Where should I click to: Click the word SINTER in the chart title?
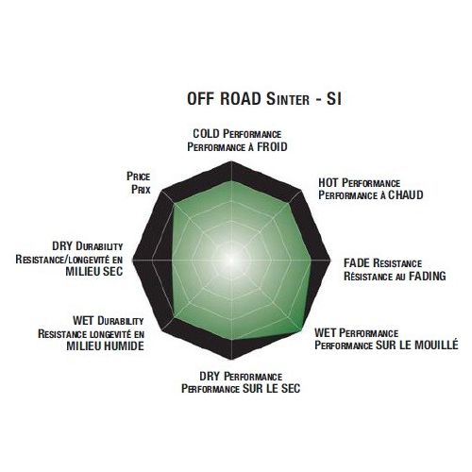click(x=288, y=99)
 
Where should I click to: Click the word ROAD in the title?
click(x=241, y=98)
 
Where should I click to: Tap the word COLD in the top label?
click(x=206, y=134)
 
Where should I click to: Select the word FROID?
click(x=272, y=147)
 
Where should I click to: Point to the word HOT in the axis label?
click(x=329, y=183)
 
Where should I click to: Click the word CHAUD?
click(x=406, y=195)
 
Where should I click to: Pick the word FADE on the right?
click(x=357, y=263)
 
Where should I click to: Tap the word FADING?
click(x=428, y=277)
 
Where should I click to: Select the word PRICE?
click(x=138, y=177)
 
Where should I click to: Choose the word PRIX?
click(x=141, y=190)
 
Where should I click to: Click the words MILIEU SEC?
click(x=94, y=271)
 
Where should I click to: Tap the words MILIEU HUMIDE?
click(x=106, y=346)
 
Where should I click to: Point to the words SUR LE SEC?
click(x=271, y=389)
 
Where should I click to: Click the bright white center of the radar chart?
click(x=231, y=260)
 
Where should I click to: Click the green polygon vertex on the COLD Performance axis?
click(x=231, y=181)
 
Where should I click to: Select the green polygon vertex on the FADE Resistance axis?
click(x=311, y=261)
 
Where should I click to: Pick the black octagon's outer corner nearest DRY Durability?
click(x=132, y=261)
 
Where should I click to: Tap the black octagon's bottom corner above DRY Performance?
click(x=231, y=359)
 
